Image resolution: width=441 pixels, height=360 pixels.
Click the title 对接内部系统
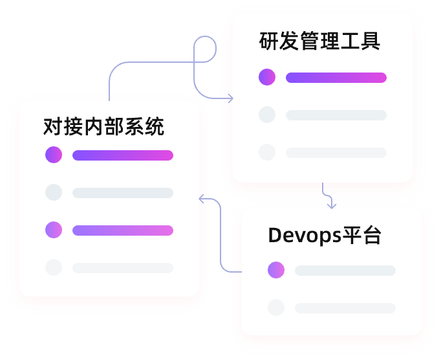pos(103,126)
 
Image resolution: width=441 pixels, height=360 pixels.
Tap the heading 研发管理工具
pos(319,42)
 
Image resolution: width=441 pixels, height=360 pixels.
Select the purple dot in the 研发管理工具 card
pos(267,78)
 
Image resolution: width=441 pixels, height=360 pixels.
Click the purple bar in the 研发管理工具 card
pos(336,78)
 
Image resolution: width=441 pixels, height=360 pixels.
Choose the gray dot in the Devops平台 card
pos(276,308)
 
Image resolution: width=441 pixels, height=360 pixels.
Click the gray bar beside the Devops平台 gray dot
pos(345,308)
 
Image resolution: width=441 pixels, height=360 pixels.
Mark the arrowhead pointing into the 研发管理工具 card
pos(231,98)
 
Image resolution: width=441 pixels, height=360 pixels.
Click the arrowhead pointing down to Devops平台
pos(332,206)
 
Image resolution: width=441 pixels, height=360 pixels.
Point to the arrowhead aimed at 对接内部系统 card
pos(202,199)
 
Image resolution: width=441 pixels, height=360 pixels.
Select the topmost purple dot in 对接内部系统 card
pos(54,155)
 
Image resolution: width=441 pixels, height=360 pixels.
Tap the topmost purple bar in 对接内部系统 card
pos(123,155)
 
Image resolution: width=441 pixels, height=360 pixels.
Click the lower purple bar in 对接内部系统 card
pos(123,231)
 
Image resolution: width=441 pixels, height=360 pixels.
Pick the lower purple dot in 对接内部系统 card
pos(54,230)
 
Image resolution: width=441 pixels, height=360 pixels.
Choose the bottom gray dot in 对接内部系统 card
pos(54,267)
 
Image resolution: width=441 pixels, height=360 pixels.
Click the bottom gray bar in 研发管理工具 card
pos(336,153)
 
